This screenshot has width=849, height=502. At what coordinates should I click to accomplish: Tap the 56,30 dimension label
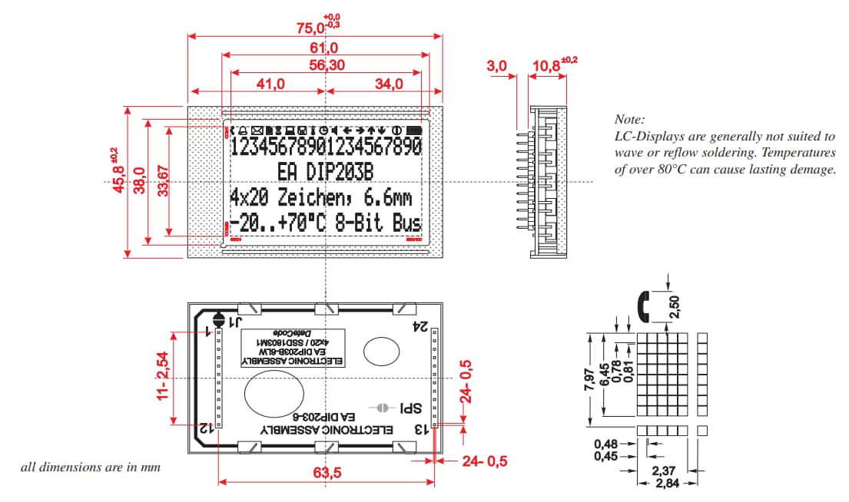(x=327, y=65)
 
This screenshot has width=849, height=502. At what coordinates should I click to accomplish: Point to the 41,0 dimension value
(x=271, y=84)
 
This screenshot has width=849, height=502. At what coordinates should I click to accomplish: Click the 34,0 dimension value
(x=389, y=84)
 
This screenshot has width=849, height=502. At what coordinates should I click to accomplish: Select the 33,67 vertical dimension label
(x=161, y=181)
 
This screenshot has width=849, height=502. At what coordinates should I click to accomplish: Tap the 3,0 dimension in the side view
(x=497, y=67)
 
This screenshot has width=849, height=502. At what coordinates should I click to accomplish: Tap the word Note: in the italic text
(x=629, y=120)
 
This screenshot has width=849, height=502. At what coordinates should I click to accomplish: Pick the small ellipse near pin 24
(x=381, y=352)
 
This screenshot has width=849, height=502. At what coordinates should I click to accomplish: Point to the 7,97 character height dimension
(x=589, y=378)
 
